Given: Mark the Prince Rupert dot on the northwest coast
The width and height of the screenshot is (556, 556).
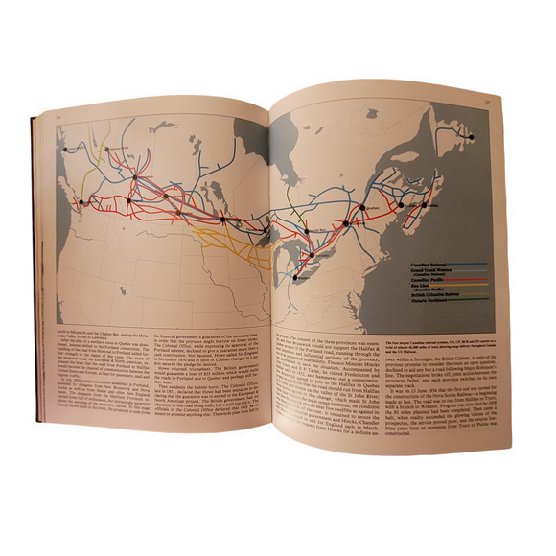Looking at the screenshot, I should click(x=64, y=151).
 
